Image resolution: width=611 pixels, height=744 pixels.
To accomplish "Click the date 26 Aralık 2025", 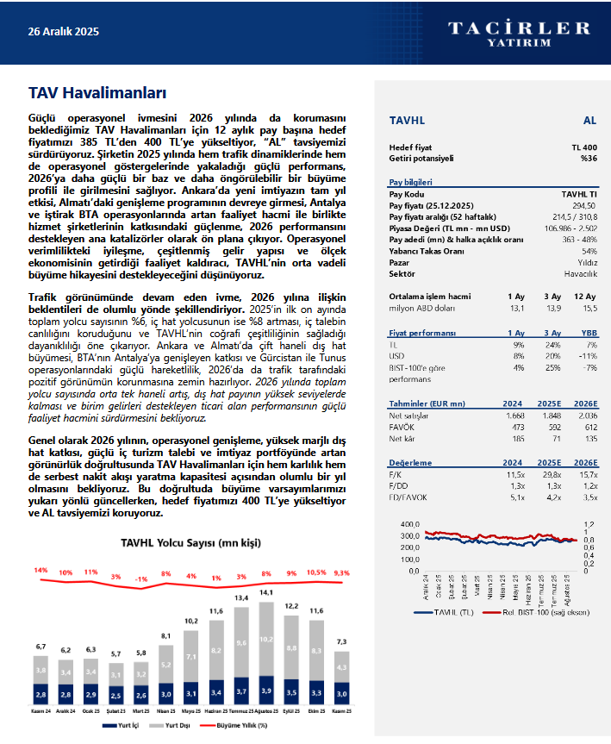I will click(64, 32).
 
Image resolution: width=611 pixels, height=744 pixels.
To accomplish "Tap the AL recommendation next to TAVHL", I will click(589, 122).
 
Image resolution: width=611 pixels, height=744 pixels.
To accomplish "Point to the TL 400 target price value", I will click(583, 147).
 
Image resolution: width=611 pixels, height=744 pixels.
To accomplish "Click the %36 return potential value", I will click(588, 159).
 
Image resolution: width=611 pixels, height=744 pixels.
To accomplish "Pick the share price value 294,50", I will click(583, 206).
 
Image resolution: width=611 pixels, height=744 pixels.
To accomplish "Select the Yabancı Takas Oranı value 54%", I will click(589, 251).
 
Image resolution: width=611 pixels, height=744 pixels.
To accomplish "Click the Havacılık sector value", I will click(581, 273).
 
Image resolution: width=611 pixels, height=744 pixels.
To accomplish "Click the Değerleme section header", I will click(409, 462).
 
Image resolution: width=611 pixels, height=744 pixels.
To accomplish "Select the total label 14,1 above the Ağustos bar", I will click(266, 592).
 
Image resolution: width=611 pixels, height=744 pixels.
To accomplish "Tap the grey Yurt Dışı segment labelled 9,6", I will click(241, 642).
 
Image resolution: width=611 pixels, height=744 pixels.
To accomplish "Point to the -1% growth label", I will click(141, 579).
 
